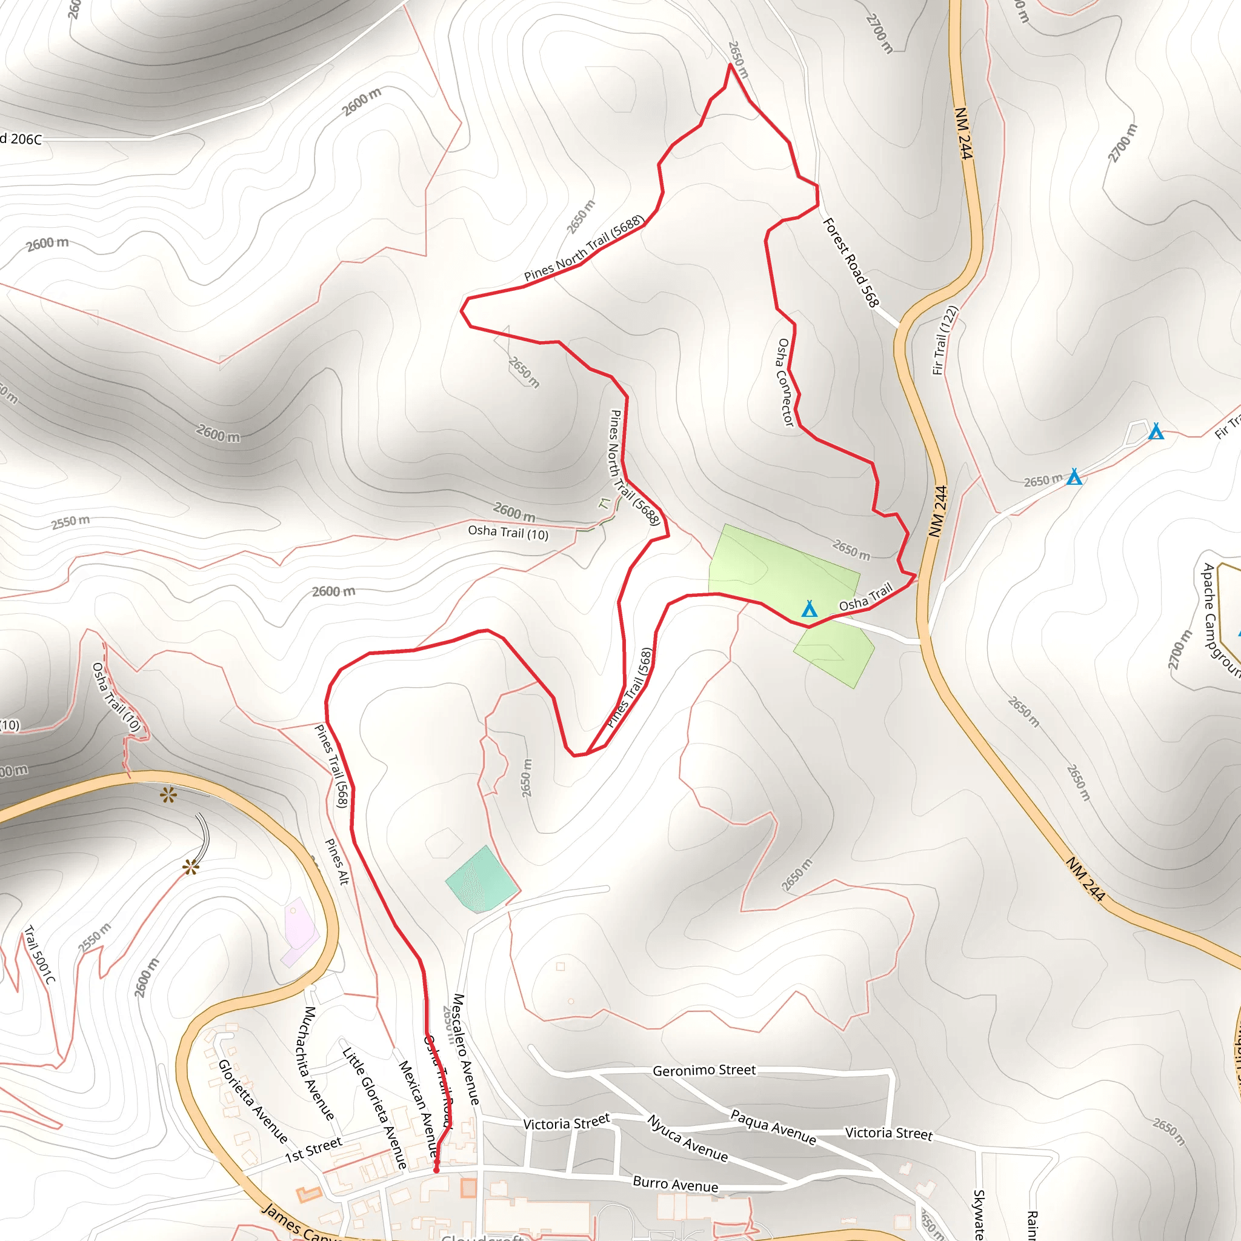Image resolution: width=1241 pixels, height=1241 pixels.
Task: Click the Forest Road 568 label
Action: [x=850, y=262]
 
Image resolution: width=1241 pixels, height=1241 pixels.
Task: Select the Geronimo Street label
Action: [x=704, y=1070]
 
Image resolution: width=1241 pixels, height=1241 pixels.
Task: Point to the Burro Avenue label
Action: [x=675, y=1184]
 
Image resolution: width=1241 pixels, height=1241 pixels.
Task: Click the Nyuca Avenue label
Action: [x=687, y=1139]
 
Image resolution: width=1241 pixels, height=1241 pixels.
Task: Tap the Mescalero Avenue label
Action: [x=467, y=1049]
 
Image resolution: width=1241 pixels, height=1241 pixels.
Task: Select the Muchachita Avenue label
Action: [x=314, y=1063]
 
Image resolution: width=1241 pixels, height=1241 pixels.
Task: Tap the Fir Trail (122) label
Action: [x=945, y=341]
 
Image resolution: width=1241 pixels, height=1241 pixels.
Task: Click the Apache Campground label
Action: [x=1220, y=620]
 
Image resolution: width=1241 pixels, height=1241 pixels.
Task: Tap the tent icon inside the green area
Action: [x=810, y=608]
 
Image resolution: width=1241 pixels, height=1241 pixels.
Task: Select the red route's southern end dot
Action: [x=437, y=1170]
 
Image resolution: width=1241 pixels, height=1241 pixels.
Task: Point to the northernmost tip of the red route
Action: [x=730, y=64]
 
